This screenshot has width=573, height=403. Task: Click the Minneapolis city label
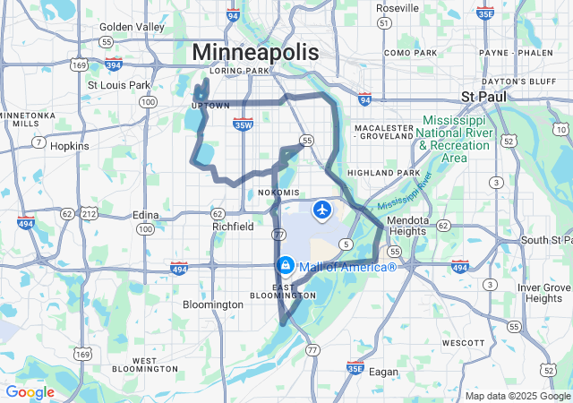pos(255,52)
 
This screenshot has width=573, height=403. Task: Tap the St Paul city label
pos(484,96)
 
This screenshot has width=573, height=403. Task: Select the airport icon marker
pos(321,210)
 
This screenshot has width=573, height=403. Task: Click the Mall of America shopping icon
pos(285,266)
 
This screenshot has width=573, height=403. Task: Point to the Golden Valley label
pos(133,27)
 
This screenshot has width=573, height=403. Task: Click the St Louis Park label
pos(119,85)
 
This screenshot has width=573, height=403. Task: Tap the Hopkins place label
pos(69,145)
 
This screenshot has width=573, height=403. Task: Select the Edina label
pos(145,215)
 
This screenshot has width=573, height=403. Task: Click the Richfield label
pos(232,227)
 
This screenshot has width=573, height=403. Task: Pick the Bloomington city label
pos(213,304)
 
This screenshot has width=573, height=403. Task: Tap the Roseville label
pos(397,8)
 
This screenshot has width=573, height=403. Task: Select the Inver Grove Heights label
pos(544,293)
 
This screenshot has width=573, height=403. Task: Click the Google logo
pos(30,392)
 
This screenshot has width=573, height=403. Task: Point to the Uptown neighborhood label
pos(210,106)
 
